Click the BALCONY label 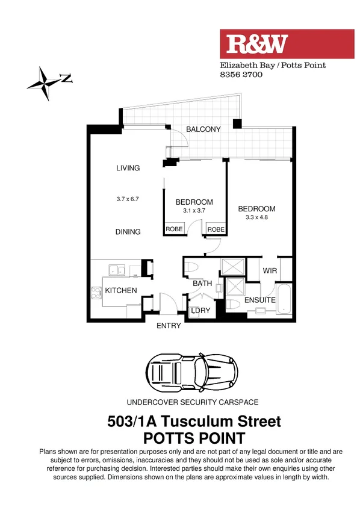[x=203, y=129]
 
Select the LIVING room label [x=128, y=168]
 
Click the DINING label [x=128, y=232]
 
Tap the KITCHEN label [x=121, y=291]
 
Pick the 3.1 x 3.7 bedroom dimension [x=194, y=211]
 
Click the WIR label [x=270, y=271]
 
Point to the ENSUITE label [x=260, y=300]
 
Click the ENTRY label [x=169, y=326]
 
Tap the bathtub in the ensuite [x=286, y=299]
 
